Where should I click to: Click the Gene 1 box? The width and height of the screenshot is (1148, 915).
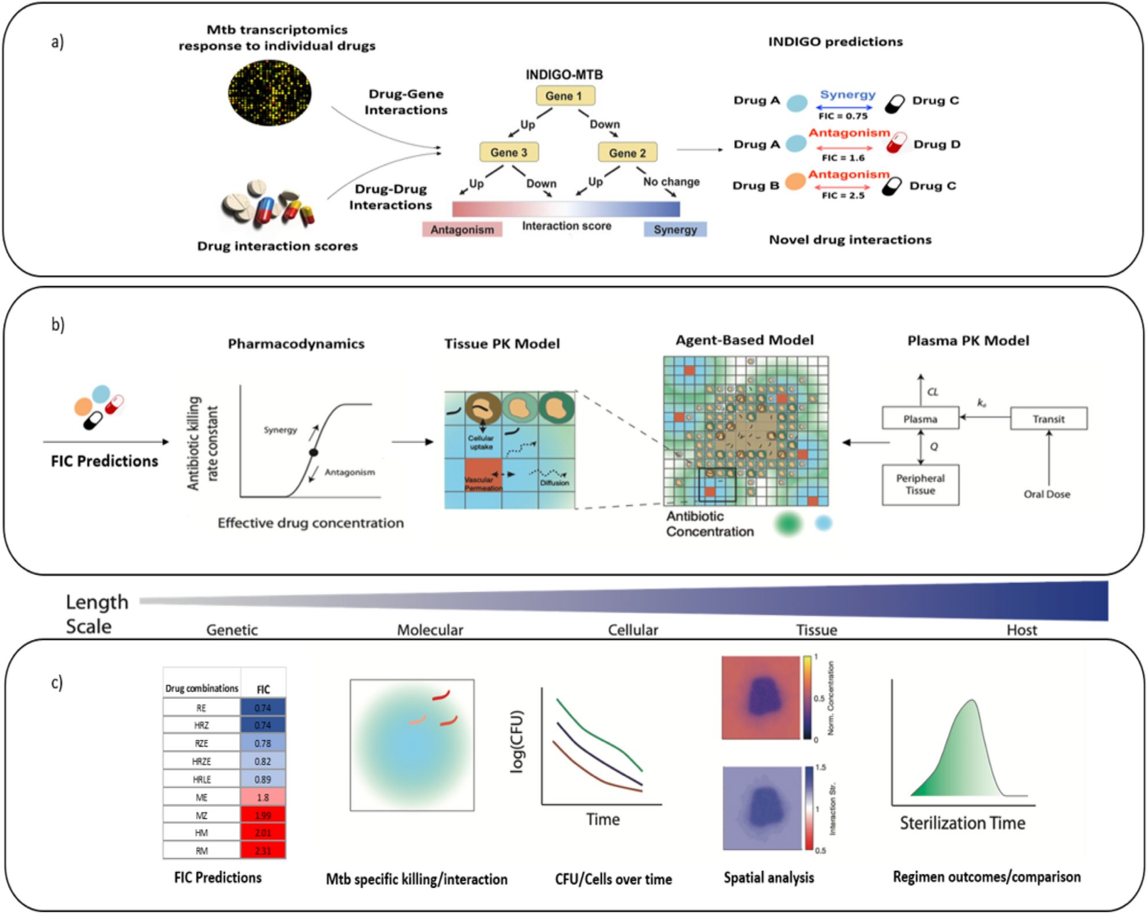[x=563, y=96]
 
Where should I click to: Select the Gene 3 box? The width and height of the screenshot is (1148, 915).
[x=508, y=152]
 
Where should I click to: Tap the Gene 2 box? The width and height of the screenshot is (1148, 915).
[x=627, y=153]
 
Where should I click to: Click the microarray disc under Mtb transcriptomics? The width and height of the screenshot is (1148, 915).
[x=269, y=92]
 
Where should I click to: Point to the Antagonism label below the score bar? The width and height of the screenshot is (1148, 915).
[x=462, y=230]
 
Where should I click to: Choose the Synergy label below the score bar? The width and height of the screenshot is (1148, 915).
[x=675, y=230]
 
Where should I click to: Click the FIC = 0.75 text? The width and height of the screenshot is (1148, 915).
[x=842, y=116]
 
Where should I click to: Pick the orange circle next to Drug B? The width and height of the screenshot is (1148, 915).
[x=795, y=181]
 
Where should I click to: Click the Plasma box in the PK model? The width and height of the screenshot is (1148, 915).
[x=920, y=419]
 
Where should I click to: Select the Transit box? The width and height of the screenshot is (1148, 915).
[x=1048, y=419]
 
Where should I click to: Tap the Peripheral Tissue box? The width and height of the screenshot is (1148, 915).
[x=920, y=485]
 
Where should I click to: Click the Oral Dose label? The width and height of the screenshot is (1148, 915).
[x=1047, y=494]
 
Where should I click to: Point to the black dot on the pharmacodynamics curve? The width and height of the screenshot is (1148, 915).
[x=313, y=452]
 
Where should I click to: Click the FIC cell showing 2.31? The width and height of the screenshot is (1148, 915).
[x=263, y=851]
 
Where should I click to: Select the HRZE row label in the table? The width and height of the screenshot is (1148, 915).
[x=201, y=761]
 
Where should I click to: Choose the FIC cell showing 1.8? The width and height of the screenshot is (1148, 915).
[x=263, y=797]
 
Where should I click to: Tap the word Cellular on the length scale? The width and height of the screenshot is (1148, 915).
[x=633, y=630]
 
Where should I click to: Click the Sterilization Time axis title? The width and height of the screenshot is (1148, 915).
[x=962, y=823]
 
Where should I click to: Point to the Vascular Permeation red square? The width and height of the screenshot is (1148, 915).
[x=483, y=475]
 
